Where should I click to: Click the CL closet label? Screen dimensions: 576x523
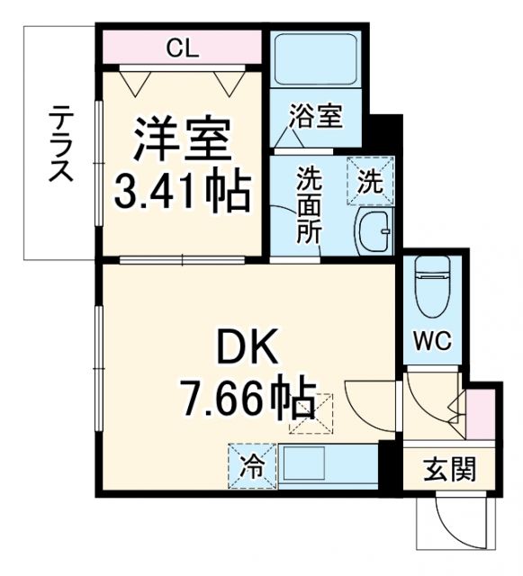pos(183,49)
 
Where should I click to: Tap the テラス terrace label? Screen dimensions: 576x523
pos(61,144)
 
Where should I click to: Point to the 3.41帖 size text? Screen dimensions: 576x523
pos(182,191)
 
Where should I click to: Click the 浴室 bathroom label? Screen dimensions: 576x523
pos(315,116)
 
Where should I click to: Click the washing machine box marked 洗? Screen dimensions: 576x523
pos(371,179)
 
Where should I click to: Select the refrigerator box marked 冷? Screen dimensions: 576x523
pos(253,466)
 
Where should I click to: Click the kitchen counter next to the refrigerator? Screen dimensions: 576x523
pos(328,466)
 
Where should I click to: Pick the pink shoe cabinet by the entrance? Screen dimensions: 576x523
pos(482,410)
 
